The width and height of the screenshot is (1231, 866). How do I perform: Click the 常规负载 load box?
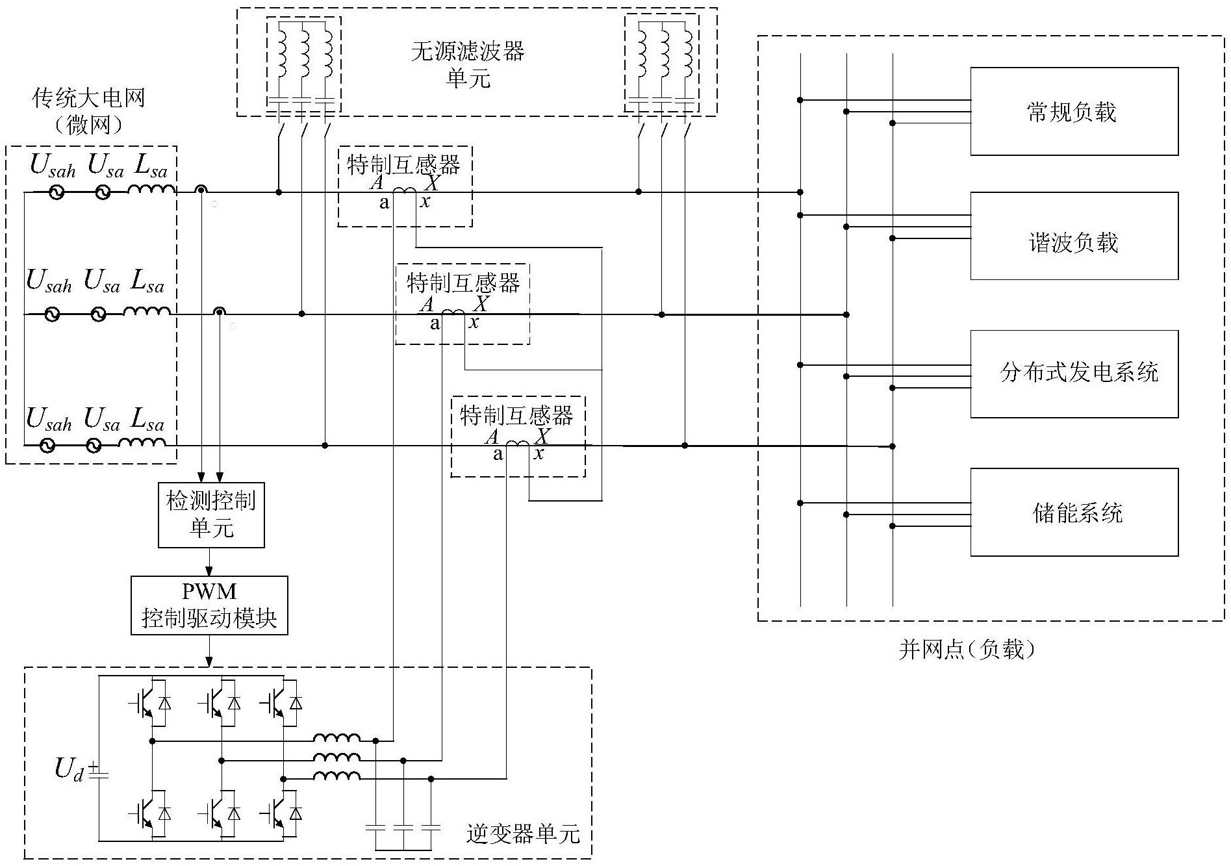[1074, 111]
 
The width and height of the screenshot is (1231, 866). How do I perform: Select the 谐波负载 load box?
[1074, 236]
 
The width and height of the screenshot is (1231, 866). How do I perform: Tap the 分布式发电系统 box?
[1074, 374]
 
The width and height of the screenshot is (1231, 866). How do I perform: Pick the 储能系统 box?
[1074, 512]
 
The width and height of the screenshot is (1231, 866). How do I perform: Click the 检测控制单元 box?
[211, 515]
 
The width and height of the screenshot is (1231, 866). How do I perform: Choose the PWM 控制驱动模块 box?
[209, 605]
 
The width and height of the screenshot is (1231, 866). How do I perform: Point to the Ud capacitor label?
[69, 769]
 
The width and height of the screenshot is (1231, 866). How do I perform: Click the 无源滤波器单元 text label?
[468, 64]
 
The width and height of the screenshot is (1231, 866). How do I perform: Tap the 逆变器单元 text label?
[523, 834]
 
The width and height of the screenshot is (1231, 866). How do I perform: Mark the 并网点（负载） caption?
[967, 649]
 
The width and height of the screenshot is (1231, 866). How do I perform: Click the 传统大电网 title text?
[88, 98]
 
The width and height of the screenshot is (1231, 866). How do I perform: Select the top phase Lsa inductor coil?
[151, 190]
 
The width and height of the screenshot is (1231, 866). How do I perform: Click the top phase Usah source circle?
[57, 192]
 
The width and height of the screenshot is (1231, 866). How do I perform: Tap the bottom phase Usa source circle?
[94, 446]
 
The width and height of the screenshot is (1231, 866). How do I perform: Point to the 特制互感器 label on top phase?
[403, 164]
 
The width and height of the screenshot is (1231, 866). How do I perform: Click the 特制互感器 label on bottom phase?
[516, 415]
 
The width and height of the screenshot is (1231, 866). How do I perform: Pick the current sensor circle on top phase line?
[201, 190]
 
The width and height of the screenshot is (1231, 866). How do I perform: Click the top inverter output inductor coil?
[336, 739]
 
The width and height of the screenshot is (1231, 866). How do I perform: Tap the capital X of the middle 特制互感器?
[481, 303]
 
